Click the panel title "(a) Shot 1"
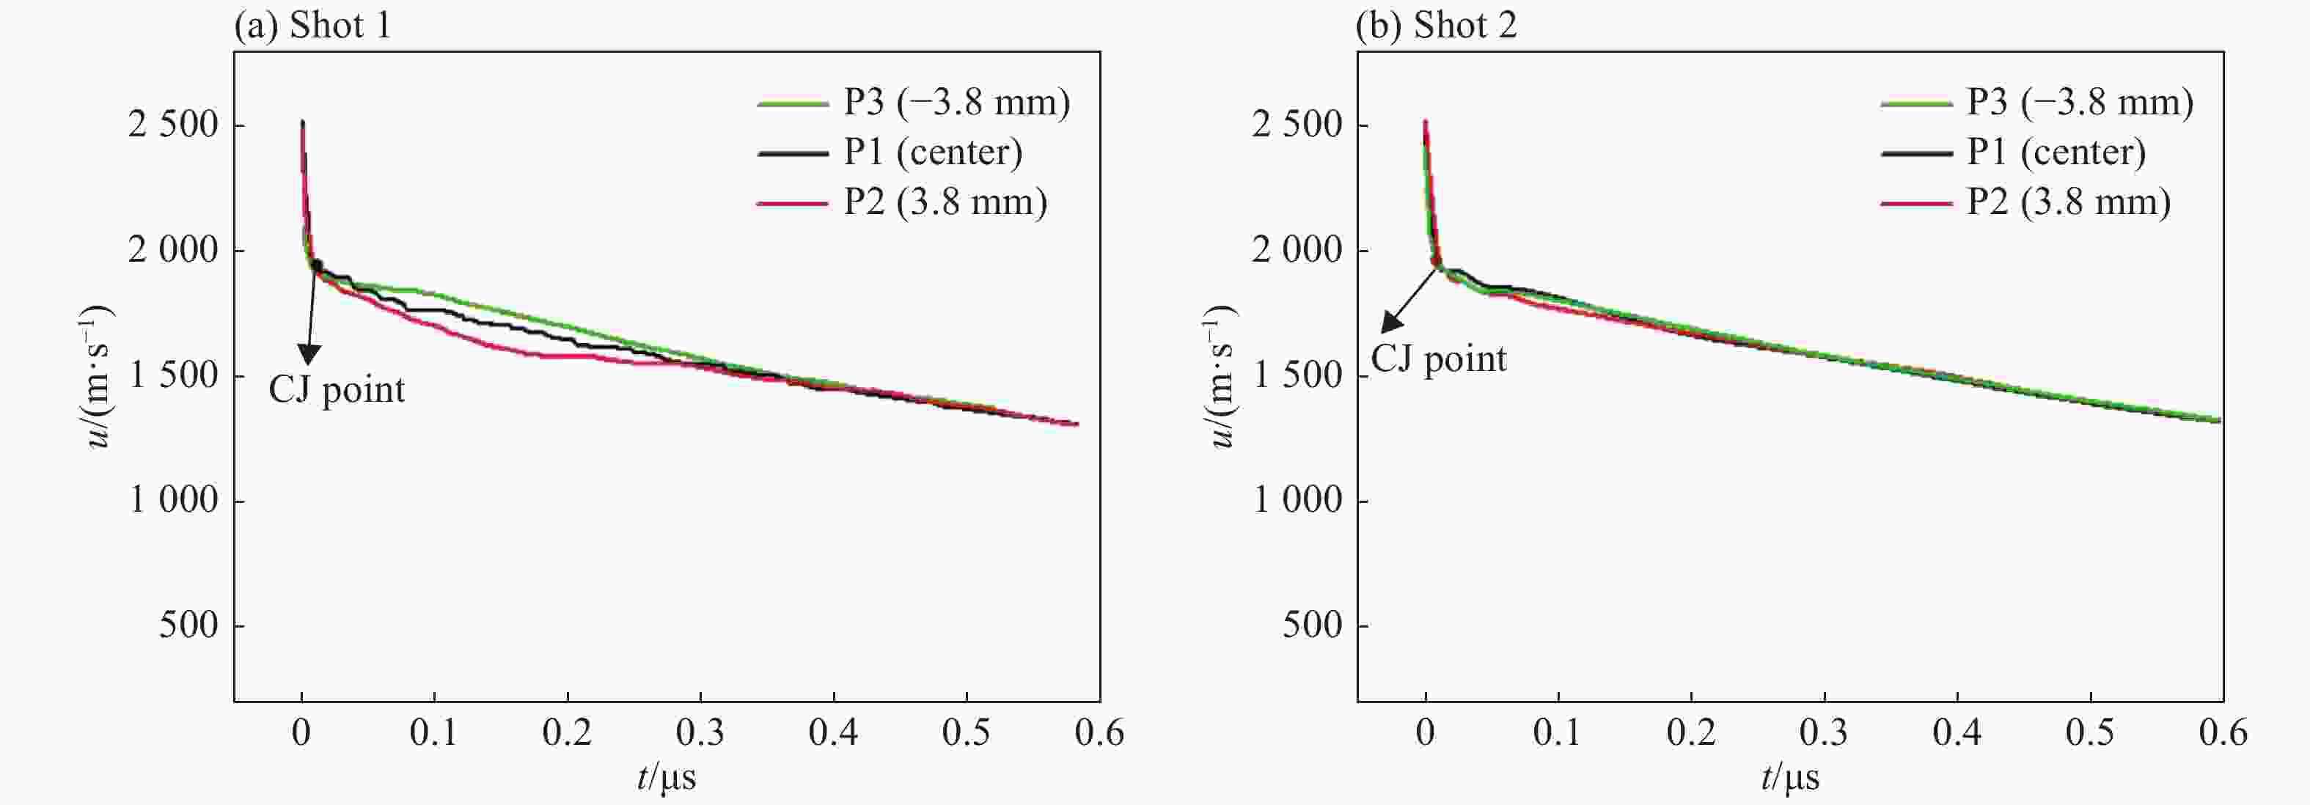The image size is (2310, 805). click(x=313, y=25)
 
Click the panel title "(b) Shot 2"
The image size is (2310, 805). click(x=1437, y=25)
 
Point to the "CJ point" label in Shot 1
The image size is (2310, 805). click(x=337, y=390)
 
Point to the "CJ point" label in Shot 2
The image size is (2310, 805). click(x=1438, y=359)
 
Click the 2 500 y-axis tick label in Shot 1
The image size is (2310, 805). click(x=174, y=125)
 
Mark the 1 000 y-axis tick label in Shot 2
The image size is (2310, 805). click(x=1297, y=500)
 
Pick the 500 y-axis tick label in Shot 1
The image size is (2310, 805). click(x=189, y=625)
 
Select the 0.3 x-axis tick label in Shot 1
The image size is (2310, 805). click(x=700, y=733)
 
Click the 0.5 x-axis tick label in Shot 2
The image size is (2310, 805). click(x=2089, y=733)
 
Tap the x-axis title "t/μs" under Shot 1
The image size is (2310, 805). click(x=667, y=776)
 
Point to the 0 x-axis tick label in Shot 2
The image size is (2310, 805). click(x=1425, y=733)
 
